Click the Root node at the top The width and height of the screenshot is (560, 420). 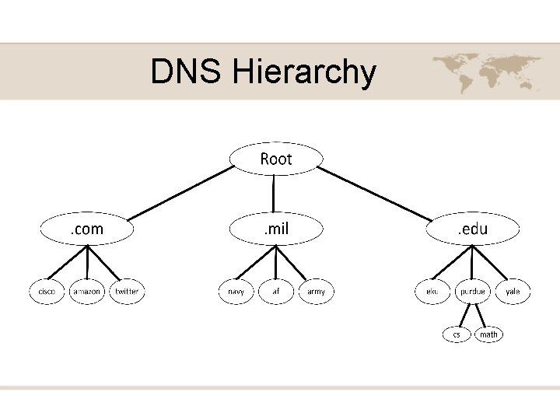[276, 159]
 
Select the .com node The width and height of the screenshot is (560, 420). [87, 229]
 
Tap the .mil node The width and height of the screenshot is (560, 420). [276, 229]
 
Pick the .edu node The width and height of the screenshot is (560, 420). [472, 229]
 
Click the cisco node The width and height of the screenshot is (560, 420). [47, 292]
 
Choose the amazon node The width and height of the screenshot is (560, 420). [86, 292]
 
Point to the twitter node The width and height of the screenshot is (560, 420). [127, 292]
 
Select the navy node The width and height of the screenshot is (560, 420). [236, 292]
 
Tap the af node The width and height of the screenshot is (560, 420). [276, 292]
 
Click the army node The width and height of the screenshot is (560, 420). [317, 292]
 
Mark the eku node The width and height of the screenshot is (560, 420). [432, 292]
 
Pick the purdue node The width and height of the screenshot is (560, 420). [472, 292]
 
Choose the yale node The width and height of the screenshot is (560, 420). [513, 292]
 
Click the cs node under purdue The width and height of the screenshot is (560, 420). [457, 334]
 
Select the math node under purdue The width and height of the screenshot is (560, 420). [488, 334]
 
